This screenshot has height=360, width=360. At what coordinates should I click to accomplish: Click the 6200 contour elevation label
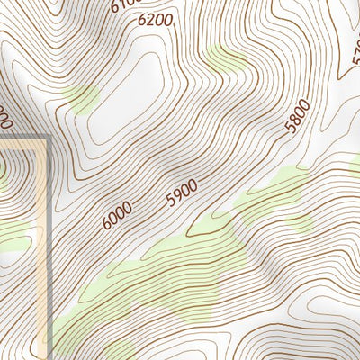156,18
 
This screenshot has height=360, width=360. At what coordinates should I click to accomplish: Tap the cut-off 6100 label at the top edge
123,4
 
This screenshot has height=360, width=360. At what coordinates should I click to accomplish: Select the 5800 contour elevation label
296,117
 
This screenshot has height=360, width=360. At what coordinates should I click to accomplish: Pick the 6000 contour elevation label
117,216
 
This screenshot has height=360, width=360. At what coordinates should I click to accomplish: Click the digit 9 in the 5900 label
177,196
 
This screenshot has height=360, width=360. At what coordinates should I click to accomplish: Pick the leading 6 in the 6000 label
107,223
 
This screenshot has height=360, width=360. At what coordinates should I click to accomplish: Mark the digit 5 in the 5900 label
170,201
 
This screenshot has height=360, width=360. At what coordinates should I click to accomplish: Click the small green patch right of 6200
227,61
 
